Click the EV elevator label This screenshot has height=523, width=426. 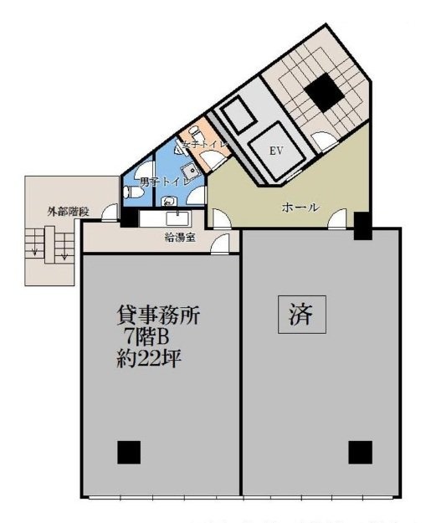(x=273, y=151)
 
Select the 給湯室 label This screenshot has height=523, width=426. (x=180, y=237)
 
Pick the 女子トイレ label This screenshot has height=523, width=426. (x=200, y=146)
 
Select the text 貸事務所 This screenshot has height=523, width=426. (x=157, y=316)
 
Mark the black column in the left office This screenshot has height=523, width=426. (x=129, y=452)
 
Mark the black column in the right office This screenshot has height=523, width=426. (x=360, y=452)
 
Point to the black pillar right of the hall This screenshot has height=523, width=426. (x=362, y=226)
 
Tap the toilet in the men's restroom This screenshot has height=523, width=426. (x=132, y=192)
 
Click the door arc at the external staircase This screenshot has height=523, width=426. (x=110, y=214)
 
